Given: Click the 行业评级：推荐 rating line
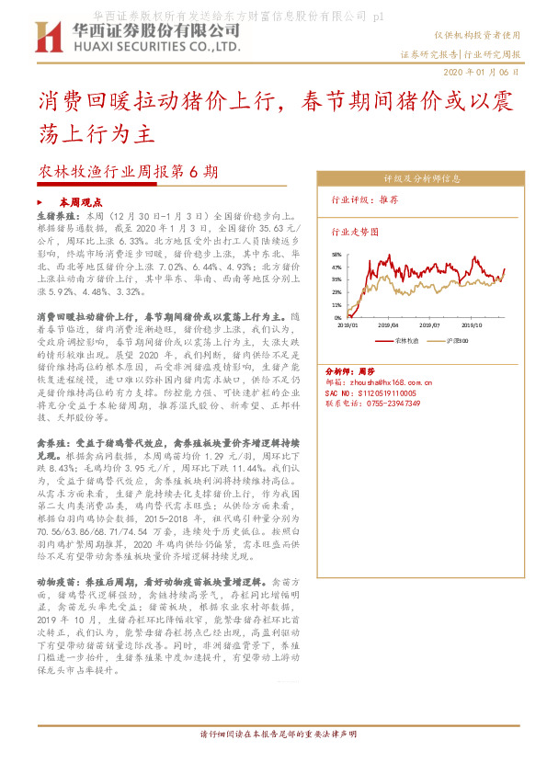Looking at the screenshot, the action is tap(365, 199).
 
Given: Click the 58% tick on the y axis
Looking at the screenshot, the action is tap(336, 255).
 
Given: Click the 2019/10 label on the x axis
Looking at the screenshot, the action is tap(472, 324).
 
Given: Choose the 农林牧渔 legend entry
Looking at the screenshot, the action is tap(406, 339).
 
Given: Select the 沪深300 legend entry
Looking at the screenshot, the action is tap(456, 339).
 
